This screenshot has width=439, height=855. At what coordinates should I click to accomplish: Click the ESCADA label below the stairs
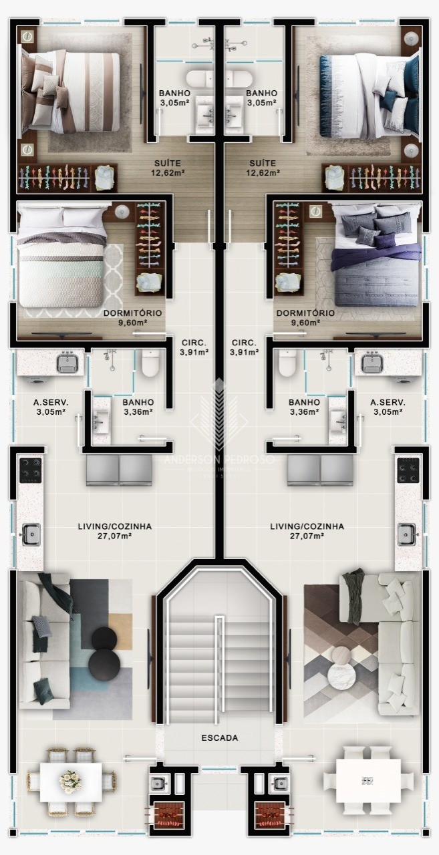[x=220, y=738]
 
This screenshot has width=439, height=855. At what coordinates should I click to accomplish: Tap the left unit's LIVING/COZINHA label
[x=115, y=526]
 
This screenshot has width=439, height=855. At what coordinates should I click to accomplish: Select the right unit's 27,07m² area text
[x=307, y=536]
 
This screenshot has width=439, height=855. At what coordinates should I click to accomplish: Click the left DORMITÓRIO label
[x=132, y=313]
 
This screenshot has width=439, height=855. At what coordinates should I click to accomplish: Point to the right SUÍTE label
[x=262, y=163]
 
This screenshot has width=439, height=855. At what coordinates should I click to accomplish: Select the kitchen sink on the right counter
[x=407, y=534]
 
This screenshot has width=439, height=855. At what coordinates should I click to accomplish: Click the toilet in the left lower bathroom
[x=151, y=363]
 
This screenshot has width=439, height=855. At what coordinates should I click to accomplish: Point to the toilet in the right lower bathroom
[x=288, y=363]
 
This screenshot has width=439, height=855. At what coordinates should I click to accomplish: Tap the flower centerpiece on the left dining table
[x=70, y=780]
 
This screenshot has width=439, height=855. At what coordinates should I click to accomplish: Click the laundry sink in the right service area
[x=372, y=363]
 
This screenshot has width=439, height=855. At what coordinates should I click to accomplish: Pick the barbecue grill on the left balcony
[x=165, y=814]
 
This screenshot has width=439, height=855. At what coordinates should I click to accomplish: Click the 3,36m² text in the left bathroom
[x=138, y=411]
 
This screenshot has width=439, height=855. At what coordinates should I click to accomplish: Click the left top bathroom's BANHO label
[x=174, y=93]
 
